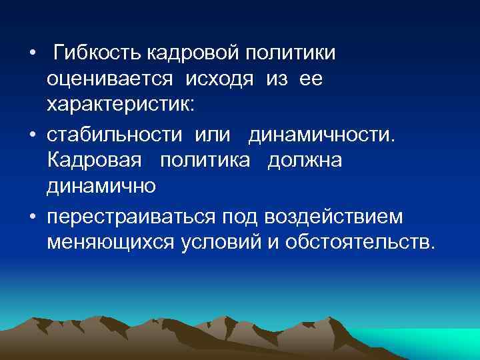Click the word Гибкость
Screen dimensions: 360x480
point(96,53)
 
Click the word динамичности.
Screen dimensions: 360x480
point(322,135)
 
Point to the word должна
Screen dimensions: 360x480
point(305,162)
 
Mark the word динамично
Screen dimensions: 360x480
point(101,187)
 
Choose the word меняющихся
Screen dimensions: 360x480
point(110,243)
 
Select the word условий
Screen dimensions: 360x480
point(214,243)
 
